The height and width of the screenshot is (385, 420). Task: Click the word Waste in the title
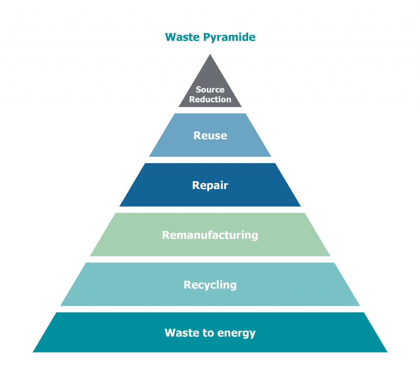point(182,37)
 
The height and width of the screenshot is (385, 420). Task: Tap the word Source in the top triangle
point(210,89)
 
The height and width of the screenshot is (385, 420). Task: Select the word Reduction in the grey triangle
point(210,99)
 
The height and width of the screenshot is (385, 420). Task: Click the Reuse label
point(210,135)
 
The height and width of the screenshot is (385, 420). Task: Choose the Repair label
point(210,185)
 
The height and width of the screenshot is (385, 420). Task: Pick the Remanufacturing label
point(210,235)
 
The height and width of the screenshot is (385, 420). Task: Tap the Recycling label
point(210,285)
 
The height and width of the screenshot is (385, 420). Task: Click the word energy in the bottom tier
point(236,333)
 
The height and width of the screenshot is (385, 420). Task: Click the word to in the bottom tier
point(208,333)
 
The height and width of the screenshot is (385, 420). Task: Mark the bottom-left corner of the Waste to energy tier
point(33,352)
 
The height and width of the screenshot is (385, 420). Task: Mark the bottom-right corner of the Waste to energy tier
point(387,352)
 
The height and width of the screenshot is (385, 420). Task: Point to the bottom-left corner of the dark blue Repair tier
point(120,206)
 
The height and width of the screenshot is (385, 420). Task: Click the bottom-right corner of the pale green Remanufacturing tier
point(330,256)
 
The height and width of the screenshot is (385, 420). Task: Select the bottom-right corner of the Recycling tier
point(360,306)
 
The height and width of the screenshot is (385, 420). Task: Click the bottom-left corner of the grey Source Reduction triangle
point(179,106)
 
